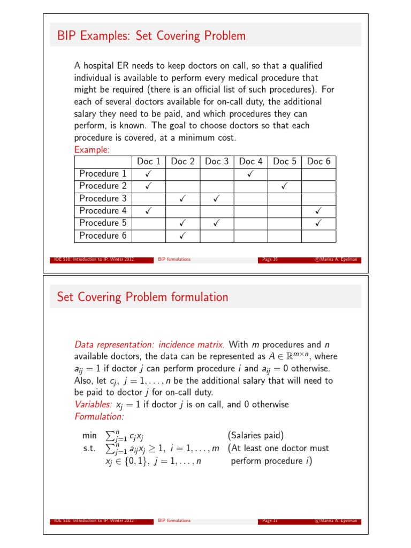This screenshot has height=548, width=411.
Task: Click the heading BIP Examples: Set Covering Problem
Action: click(151, 36)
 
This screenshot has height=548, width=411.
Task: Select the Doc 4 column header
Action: click(250, 161)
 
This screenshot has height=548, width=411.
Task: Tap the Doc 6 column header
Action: click(318, 161)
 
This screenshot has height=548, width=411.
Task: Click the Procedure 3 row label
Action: click(103, 199)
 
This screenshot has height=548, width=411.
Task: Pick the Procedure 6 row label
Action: click(103, 235)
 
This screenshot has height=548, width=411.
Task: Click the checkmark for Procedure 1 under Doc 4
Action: click(250, 174)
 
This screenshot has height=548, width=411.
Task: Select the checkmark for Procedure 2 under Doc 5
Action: click(284, 186)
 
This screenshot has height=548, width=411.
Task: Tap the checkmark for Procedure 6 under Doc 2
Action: click(182, 235)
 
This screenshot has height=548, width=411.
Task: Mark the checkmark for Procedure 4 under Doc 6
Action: click(318, 211)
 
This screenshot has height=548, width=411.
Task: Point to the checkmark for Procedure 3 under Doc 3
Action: click(217, 199)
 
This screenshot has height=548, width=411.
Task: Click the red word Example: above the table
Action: click(92, 150)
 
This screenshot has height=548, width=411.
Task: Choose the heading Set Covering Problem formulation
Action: click(142, 297)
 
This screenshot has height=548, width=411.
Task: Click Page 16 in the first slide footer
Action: click(270, 260)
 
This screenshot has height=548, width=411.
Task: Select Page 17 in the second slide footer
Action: click(270, 520)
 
